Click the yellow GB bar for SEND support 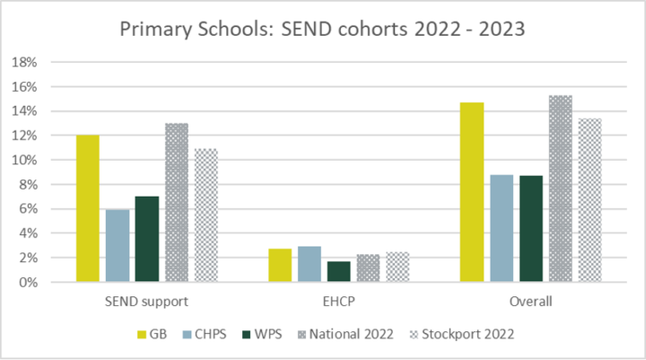tap(88, 208)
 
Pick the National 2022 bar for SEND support tap(176, 202)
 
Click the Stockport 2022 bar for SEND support tap(205, 215)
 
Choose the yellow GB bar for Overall tap(472, 192)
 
